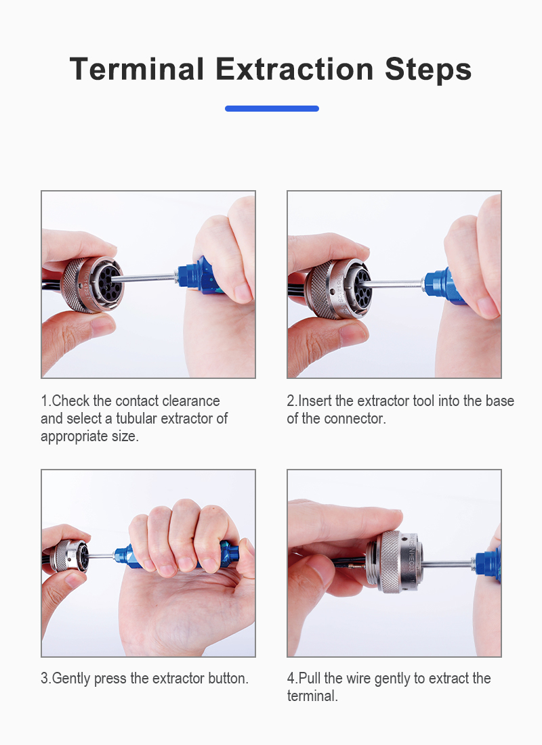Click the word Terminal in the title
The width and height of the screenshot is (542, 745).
pyautogui.click(x=137, y=69)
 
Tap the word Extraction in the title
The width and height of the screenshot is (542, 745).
pyautogui.click(x=295, y=69)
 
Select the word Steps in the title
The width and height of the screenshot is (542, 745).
pyautogui.click(x=428, y=70)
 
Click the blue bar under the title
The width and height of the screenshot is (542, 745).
pyautogui.click(x=272, y=108)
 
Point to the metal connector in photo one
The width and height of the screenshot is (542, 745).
pyautogui.click(x=93, y=285)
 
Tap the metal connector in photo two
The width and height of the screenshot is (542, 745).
pyautogui.click(x=339, y=288)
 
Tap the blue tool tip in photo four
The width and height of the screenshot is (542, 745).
pyautogui.click(x=487, y=564)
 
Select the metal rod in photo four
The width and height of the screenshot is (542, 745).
pyautogui.click(x=448, y=564)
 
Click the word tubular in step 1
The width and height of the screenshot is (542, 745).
pyautogui.click(x=137, y=419)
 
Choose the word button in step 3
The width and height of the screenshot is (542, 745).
pyautogui.click(x=228, y=678)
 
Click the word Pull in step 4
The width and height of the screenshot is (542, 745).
pyautogui.click(x=310, y=678)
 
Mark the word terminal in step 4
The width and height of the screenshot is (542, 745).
pyautogui.click(x=312, y=696)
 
